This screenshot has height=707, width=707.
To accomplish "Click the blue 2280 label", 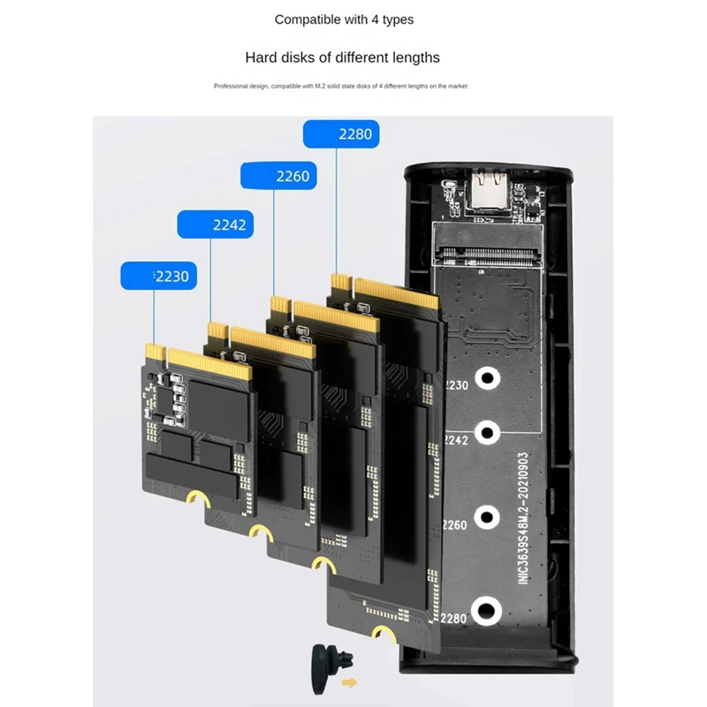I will [340, 134].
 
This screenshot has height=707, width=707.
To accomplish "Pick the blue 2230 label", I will [157, 276].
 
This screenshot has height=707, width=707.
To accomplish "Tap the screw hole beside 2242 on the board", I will [484, 433].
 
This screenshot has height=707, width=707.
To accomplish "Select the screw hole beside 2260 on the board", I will [484, 518].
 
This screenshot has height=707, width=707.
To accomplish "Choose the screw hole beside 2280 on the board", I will [484, 610].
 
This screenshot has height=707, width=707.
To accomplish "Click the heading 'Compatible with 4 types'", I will [344, 19].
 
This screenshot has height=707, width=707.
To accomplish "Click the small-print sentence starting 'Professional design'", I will [340, 86].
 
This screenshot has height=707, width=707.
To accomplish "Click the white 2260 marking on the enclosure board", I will [454, 525].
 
